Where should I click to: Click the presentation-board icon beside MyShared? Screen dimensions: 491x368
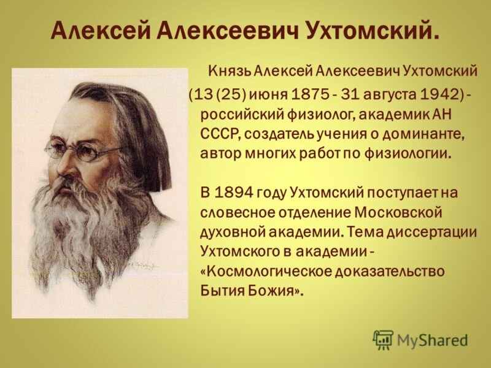(x=382, y=339)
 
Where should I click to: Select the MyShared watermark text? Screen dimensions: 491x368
(x=433, y=340)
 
